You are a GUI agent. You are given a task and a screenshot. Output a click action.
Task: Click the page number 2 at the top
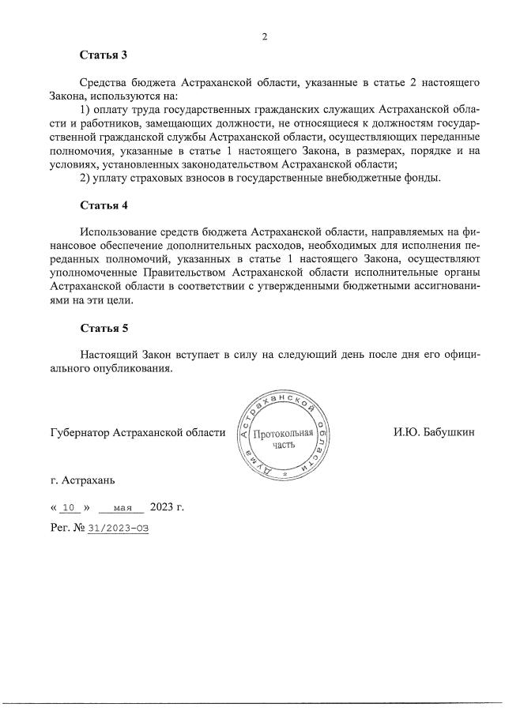[265, 36]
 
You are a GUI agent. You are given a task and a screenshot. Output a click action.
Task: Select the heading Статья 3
[104, 55]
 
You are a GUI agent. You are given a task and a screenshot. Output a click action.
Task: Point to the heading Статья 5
[104, 327]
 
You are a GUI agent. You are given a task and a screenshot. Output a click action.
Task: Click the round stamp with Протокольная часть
[284, 436]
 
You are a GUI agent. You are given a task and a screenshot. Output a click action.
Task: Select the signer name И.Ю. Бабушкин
[434, 432]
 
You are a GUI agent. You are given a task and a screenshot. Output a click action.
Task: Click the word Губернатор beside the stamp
[79, 432]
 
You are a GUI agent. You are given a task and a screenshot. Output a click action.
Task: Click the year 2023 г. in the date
[167, 506]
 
